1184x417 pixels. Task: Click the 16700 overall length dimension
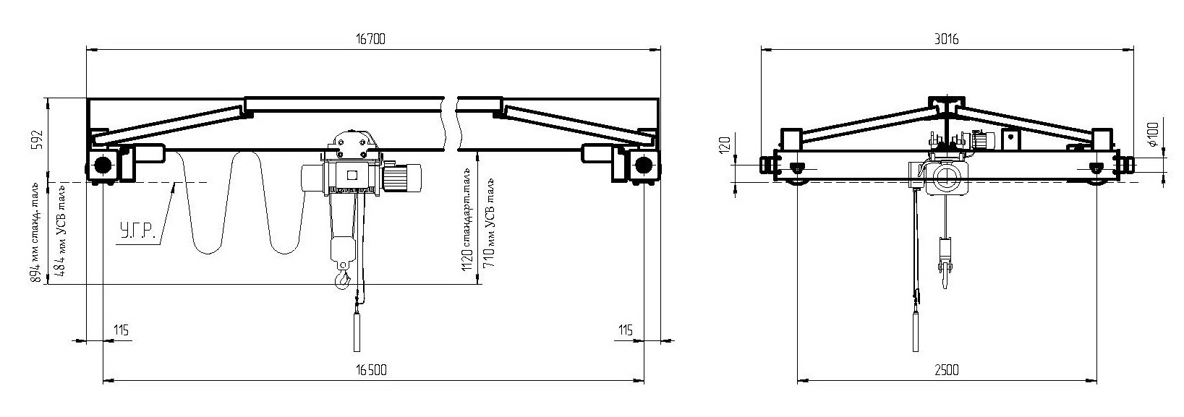click(370, 39)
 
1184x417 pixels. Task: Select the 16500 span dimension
click(371, 370)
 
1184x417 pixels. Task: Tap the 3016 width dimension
click(946, 39)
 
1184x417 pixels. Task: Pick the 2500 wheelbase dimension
click(946, 370)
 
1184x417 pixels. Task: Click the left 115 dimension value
click(121, 330)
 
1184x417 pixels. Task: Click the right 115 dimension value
click(626, 330)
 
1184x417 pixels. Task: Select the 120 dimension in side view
click(725, 145)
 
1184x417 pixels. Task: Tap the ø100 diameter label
click(1153, 134)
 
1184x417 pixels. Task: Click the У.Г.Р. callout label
click(137, 231)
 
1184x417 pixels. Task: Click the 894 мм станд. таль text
click(36, 234)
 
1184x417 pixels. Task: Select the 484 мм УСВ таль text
click(61, 231)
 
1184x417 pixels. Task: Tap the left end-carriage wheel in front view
click(101, 165)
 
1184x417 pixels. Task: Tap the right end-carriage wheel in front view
click(643, 165)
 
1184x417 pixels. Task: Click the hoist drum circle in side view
click(946, 178)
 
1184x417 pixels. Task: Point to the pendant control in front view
click(357, 332)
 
